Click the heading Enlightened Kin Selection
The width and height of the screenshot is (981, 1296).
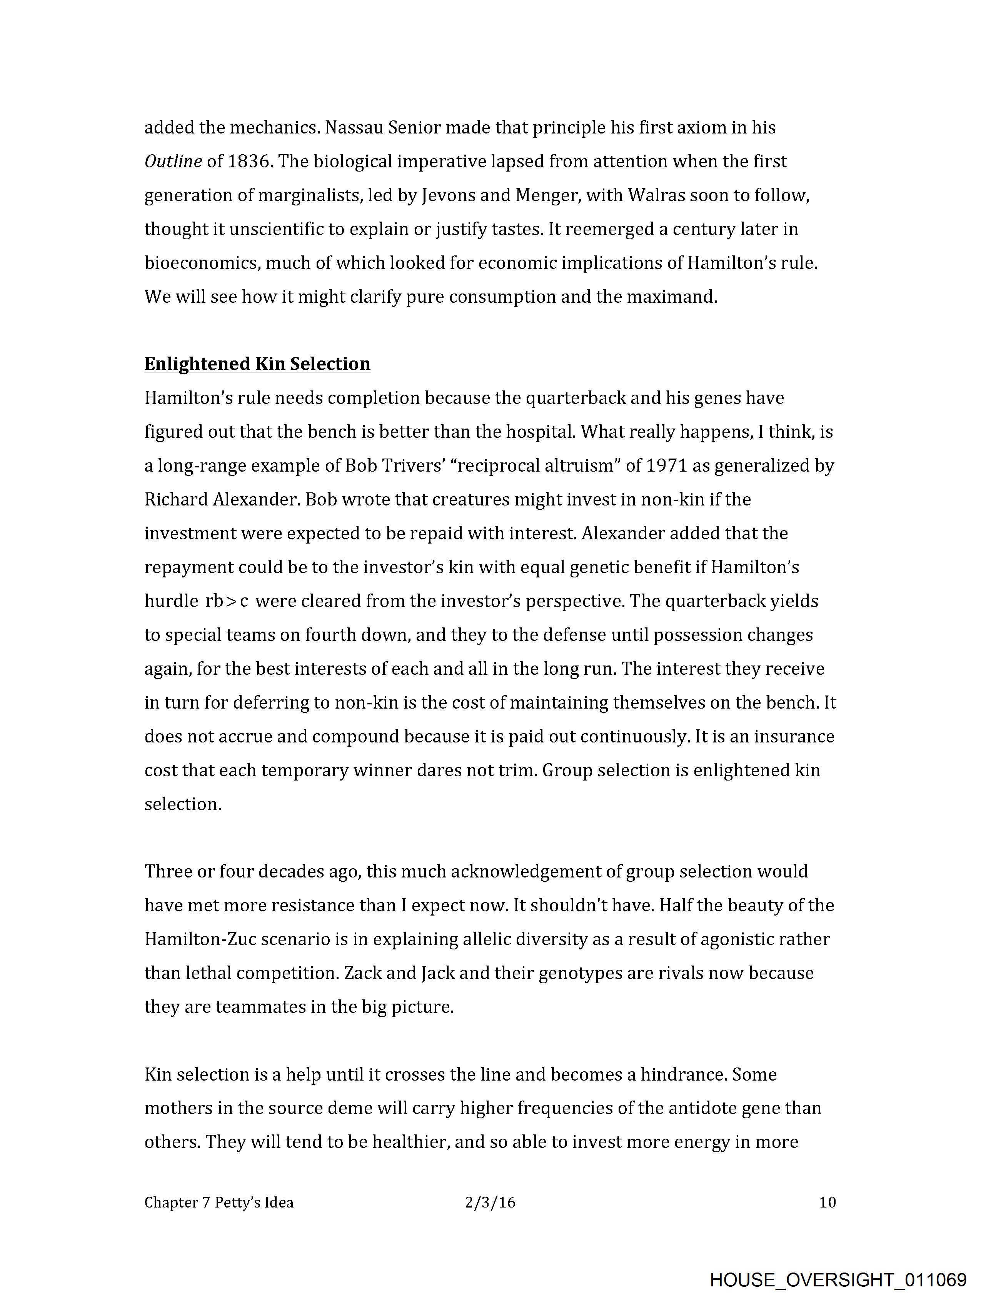pyautogui.click(x=257, y=364)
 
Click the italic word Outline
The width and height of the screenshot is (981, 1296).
pyautogui.click(x=173, y=161)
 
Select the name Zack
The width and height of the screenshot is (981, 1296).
pyautogui.click(x=363, y=973)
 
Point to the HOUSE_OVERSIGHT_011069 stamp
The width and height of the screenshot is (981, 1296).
pyautogui.click(x=838, y=1279)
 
